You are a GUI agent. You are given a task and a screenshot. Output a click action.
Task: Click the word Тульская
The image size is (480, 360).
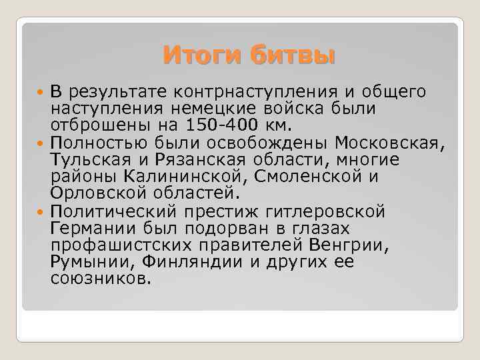click(83, 160)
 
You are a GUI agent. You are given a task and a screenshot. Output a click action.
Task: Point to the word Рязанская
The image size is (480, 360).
click(189, 160)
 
